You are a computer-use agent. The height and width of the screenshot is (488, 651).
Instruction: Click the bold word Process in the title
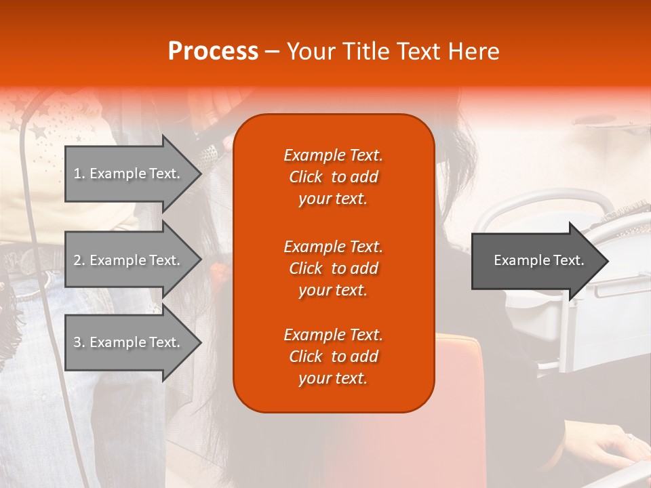[213, 52]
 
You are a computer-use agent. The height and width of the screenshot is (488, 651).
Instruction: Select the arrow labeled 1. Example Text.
[129, 174]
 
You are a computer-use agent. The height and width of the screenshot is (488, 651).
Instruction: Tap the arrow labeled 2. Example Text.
[129, 260]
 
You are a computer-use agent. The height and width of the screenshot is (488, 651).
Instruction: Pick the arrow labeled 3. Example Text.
[129, 342]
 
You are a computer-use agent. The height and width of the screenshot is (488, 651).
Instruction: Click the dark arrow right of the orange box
[536, 261]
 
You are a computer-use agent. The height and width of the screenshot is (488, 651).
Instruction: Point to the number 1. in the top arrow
[79, 174]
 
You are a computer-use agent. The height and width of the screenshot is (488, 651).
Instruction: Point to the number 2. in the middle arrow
[79, 260]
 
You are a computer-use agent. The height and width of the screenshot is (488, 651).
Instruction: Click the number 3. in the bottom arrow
[79, 342]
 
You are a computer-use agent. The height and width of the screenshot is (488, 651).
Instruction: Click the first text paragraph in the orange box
[333, 177]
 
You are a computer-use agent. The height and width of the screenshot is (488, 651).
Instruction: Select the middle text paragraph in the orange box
[333, 268]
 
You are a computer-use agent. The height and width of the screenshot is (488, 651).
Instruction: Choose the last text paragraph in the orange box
[333, 357]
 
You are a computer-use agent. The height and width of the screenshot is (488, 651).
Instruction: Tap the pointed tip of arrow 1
[199, 174]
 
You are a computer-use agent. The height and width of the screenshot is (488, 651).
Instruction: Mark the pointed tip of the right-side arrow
[606, 261]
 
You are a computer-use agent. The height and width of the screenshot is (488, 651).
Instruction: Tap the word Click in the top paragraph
[305, 177]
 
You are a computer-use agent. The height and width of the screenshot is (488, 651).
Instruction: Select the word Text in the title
[418, 52]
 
